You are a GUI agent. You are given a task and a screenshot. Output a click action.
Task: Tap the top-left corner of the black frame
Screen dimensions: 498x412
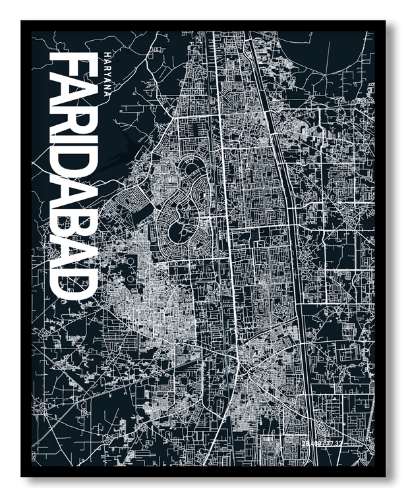22,22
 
